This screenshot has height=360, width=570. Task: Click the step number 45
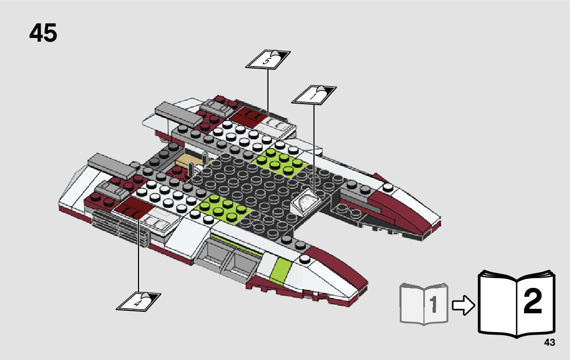(x=43, y=34)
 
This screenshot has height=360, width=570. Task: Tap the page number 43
(x=549, y=343)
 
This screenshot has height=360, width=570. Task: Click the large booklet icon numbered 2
(x=516, y=304)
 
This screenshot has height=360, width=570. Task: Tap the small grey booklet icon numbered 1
(x=424, y=303)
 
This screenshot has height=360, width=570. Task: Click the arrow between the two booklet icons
(x=462, y=304)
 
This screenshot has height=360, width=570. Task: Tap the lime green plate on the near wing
(x=221, y=206)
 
